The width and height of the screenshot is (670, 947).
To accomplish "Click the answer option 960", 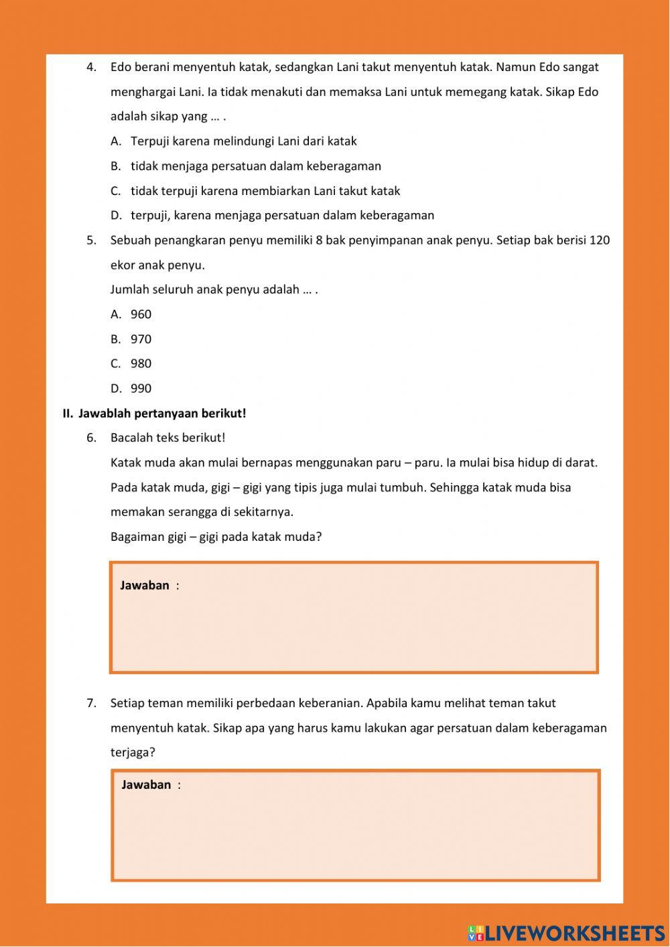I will tap(141, 314).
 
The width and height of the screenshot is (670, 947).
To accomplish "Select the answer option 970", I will tap(141, 339).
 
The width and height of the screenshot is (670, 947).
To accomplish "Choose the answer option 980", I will tap(141, 363).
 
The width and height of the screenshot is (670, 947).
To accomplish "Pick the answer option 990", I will tap(141, 388).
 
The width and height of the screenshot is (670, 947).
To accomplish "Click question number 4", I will tap(92, 67).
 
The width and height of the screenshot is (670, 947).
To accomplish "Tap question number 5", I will tap(92, 240).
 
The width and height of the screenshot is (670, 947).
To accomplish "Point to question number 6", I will tap(92, 438).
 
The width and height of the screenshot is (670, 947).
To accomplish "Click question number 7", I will tap(92, 703).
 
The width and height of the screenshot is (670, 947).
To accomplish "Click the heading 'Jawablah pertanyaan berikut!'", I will tap(161, 414).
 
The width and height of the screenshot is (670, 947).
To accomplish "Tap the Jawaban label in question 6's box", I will tap(145, 585).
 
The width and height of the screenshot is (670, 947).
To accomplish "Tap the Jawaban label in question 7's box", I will tap(146, 785).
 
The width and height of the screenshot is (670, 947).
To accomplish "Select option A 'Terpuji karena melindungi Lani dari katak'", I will tap(243, 141).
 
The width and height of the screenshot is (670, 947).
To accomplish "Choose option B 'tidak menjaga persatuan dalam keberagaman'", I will tap(255, 166).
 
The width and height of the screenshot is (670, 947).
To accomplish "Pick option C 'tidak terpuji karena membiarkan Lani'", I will tap(265, 191).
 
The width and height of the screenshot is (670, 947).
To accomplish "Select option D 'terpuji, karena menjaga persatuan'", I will tap(282, 215).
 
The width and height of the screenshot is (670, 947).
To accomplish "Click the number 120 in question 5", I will tap(599, 240).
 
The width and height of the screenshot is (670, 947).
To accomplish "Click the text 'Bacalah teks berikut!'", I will tap(167, 438).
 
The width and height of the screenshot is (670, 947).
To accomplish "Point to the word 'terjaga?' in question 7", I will tap(133, 752).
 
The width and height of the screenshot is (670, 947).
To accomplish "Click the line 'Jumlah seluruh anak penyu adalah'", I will tap(213, 290).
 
